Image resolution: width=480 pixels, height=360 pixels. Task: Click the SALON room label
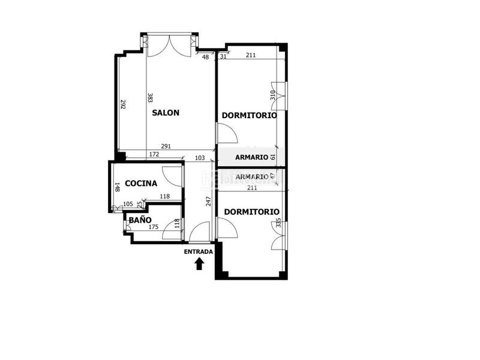(x=166, y=113)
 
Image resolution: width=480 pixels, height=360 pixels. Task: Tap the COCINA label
(x=141, y=184)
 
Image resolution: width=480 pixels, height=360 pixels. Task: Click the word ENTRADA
(x=198, y=252)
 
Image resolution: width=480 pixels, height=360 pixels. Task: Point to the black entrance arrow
(x=199, y=263)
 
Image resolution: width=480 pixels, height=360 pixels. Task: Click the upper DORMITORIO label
(x=249, y=115)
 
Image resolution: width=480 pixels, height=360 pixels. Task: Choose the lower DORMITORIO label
(x=251, y=212)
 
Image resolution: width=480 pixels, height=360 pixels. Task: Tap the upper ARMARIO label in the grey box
(x=251, y=157)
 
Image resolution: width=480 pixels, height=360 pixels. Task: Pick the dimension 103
(x=200, y=158)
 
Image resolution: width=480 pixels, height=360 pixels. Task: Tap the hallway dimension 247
(x=208, y=201)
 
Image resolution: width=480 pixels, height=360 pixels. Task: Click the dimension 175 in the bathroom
(x=153, y=227)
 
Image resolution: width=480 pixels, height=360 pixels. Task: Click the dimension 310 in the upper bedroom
(x=272, y=95)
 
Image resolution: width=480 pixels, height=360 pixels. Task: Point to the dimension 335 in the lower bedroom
(x=278, y=224)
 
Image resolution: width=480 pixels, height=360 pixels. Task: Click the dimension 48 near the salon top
(x=205, y=57)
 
